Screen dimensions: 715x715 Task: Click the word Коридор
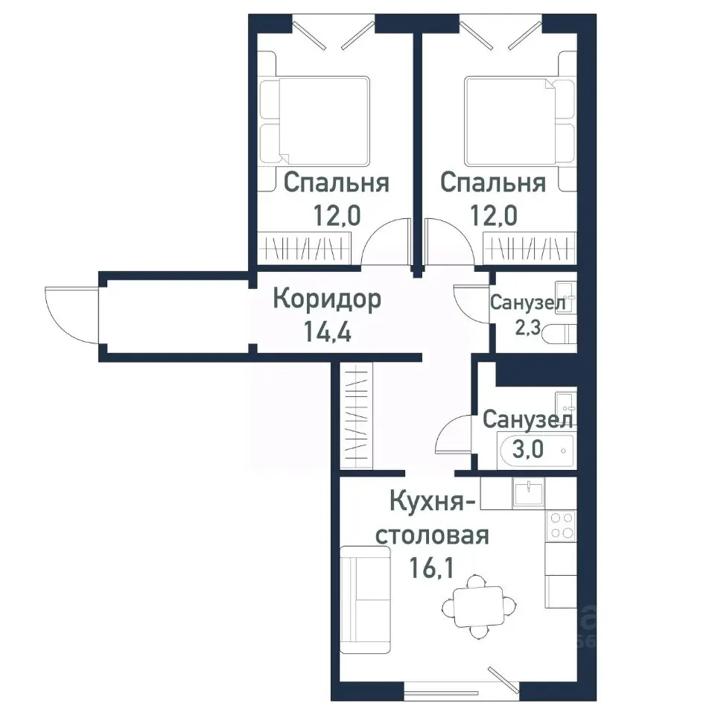pos(327,299)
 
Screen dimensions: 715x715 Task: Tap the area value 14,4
pos(328,329)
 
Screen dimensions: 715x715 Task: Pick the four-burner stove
pos(559,526)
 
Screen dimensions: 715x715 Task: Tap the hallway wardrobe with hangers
pos(356,416)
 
